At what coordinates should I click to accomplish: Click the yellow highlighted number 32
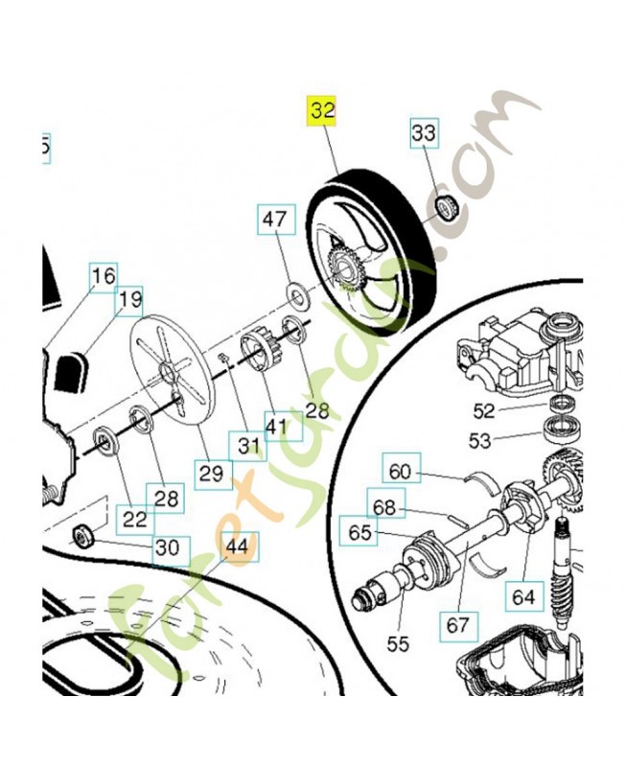coord(323,111)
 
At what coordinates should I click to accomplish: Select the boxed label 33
coord(424,132)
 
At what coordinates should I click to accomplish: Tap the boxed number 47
coord(274,221)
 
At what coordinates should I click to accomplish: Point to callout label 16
coord(103,276)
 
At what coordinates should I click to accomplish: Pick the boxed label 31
coord(249,446)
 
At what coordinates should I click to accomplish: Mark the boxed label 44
coord(236,546)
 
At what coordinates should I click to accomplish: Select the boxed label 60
coord(399,471)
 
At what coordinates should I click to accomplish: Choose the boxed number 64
coord(522,596)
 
